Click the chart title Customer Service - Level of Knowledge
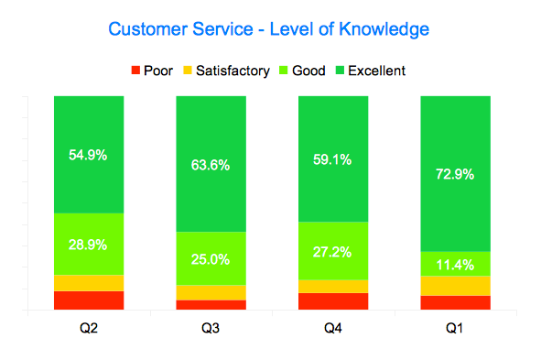pyautogui.click(x=268, y=29)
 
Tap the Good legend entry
pyautogui.click(x=307, y=70)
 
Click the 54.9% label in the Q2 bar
pyautogui.click(x=89, y=155)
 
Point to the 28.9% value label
pyautogui.click(x=89, y=245)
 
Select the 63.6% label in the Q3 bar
pyautogui.click(x=211, y=166)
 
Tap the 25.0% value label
pyautogui.click(x=211, y=259)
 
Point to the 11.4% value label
pyautogui.click(x=456, y=264)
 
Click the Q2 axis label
pyautogui.click(x=89, y=327)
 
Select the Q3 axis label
pyautogui.click(x=211, y=327)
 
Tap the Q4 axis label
pyautogui.click(x=333, y=327)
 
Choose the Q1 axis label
pyautogui.click(x=456, y=327)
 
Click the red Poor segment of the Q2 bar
pyautogui.click(x=89, y=300)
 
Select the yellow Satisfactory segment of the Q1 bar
pyautogui.click(x=456, y=285)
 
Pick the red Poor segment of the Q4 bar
pyautogui.click(x=333, y=301)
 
